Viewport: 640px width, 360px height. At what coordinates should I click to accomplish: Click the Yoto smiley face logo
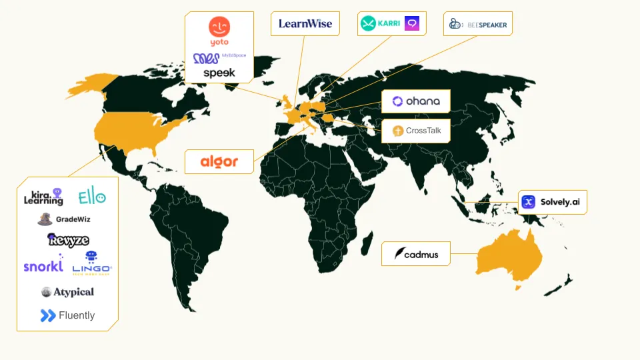219,28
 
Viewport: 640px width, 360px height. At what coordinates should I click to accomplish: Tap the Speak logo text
219,73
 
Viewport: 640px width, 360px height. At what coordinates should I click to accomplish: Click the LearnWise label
305,24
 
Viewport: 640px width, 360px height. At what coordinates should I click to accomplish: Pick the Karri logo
380,24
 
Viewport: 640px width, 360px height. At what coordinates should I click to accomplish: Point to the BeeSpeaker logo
478,25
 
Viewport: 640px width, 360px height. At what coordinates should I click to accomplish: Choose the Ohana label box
416,101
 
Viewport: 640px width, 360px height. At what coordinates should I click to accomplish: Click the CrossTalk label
416,131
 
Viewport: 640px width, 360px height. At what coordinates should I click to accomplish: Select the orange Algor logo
219,161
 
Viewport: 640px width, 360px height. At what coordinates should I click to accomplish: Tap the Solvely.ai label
552,201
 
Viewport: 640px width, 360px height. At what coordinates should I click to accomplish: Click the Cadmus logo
416,254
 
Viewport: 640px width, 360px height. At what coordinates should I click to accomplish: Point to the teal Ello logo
91,197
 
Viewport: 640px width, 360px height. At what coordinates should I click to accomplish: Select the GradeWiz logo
64,219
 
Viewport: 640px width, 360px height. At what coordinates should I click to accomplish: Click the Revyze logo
68,240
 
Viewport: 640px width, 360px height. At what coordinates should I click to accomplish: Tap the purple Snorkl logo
43,266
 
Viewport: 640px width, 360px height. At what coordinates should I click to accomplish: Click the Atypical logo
67,292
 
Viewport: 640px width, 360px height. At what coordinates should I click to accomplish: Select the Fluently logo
67,315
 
